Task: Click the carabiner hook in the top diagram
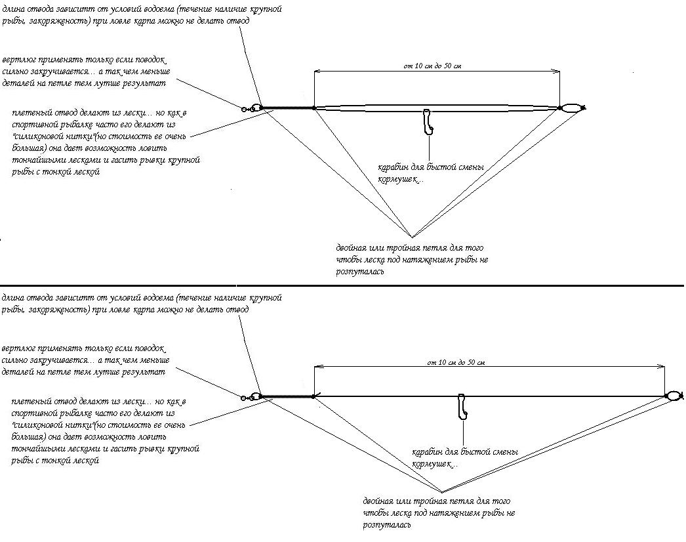click(x=428, y=122)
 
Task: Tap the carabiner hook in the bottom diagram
click(x=463, y=406)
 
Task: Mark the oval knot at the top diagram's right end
click(x=572, y=108)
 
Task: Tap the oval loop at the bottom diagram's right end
click(x=674, y=396)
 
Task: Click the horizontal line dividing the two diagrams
click(x=341, y=286)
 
